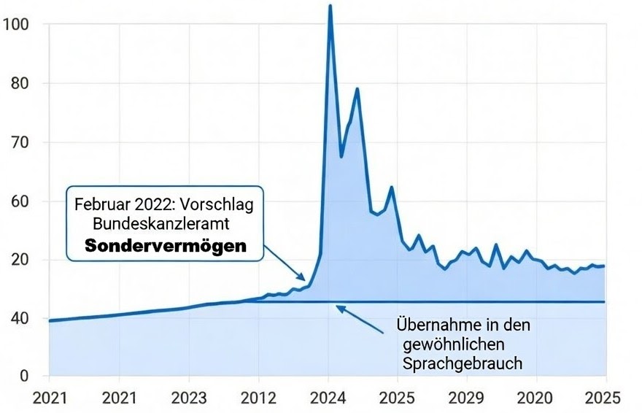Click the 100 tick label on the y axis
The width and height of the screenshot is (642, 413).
(15, 24)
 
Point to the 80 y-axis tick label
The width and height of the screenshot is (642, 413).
(19, 83)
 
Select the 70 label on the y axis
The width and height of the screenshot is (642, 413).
(19, 142)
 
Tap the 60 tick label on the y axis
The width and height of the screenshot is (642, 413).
(19, 201)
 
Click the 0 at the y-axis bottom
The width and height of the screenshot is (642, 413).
(24, 377)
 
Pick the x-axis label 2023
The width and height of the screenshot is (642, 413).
(188, 398)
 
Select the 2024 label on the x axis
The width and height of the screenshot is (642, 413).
(328, 398)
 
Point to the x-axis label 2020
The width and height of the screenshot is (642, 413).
(536, 398)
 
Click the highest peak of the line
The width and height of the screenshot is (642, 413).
(330, 6)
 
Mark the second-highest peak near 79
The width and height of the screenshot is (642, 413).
(357, 88)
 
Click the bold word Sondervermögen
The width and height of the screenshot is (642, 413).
(166, 247)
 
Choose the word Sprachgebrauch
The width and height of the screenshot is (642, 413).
(462, 363)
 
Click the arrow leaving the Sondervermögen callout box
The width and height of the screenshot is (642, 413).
(285, 265)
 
